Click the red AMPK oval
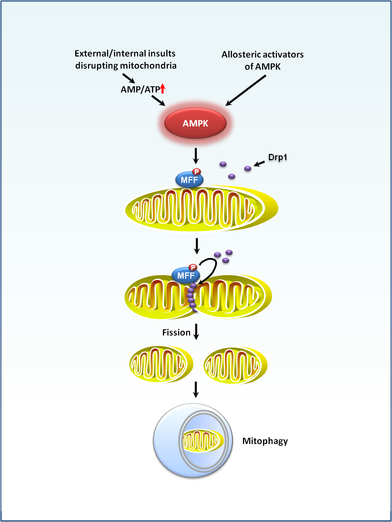tap(195, 123)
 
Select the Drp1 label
tap(278, 157)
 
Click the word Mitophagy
tap(265, 441)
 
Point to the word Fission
tap(176, 333)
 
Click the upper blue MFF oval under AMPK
tap(189, 180)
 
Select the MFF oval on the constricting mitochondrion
tap(186, 276)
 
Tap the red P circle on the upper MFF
tap(197, 172)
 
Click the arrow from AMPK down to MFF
tap(196, 156)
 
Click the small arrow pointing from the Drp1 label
tap(259, 163)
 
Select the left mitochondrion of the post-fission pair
tap(161, 364)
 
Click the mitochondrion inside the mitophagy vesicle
tap(202, 441)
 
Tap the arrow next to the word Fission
tap(196, 332)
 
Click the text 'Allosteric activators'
tap(262, 55)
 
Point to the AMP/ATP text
tap(140, 89)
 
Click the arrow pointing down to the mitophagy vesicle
tap(196, 390)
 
